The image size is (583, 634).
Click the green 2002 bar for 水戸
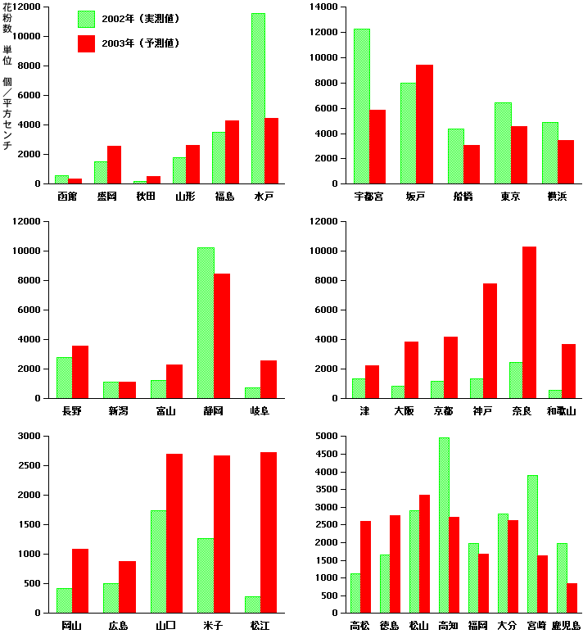[258, 98]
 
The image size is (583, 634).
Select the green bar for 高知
[444, 525]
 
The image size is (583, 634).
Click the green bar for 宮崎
[532, 544]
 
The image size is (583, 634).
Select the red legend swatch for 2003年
[86, 43]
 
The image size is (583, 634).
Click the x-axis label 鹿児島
[566, 626]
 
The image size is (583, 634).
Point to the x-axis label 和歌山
[562, 410]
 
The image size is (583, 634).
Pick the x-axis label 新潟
[119, 410]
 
